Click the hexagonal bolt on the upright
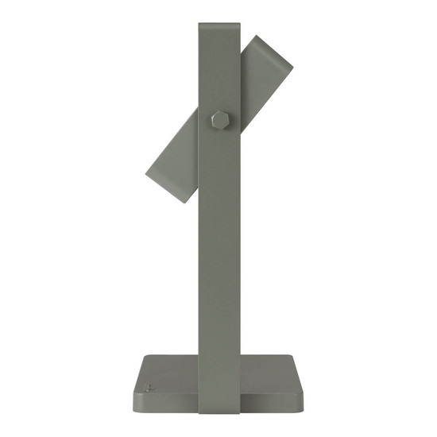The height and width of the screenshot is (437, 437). (218, 120)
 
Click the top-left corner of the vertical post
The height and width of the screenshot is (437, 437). (199, 25)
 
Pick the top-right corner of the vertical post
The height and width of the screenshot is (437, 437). (238, 25)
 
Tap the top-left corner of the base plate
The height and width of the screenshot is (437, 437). (143, 357)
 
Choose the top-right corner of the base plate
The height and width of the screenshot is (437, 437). (295, 357)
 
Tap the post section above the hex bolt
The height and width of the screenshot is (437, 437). (218, 72)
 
